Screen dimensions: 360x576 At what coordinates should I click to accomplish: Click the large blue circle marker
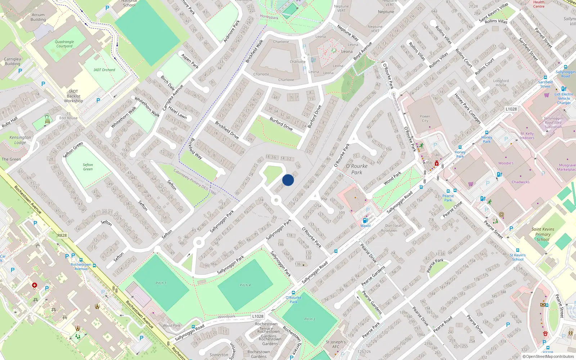click(288, 180)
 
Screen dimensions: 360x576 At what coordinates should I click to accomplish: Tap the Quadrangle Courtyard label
click(64, 44)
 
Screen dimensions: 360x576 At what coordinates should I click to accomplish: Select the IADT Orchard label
click(104, 70)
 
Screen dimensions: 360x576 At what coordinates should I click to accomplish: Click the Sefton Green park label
click(88, 167)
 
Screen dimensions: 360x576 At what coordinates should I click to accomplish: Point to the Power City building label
click(425, 118)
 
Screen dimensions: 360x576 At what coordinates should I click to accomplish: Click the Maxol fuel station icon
click(365, 220)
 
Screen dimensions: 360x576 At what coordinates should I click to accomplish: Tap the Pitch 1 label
click(161, 283)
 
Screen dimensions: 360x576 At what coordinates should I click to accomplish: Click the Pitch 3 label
click(310, 319)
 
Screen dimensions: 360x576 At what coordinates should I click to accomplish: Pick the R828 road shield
click(62, 235)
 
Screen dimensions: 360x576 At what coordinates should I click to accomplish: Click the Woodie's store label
click(506, 163)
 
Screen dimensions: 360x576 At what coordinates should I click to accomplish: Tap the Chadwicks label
click(521, 182)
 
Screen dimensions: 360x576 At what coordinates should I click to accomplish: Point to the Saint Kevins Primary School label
click(543, 234)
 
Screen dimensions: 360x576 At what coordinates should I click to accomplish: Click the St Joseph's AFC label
click(336, 345)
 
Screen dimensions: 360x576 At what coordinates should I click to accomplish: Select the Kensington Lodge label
click(20, 140)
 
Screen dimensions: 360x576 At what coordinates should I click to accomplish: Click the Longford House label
click(501, 83)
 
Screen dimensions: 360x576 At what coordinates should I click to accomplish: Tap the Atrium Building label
click(38, 17)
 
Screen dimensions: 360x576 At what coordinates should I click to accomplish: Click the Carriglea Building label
click(13, 61)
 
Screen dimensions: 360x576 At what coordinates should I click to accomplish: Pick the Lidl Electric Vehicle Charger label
click(564, 98)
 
